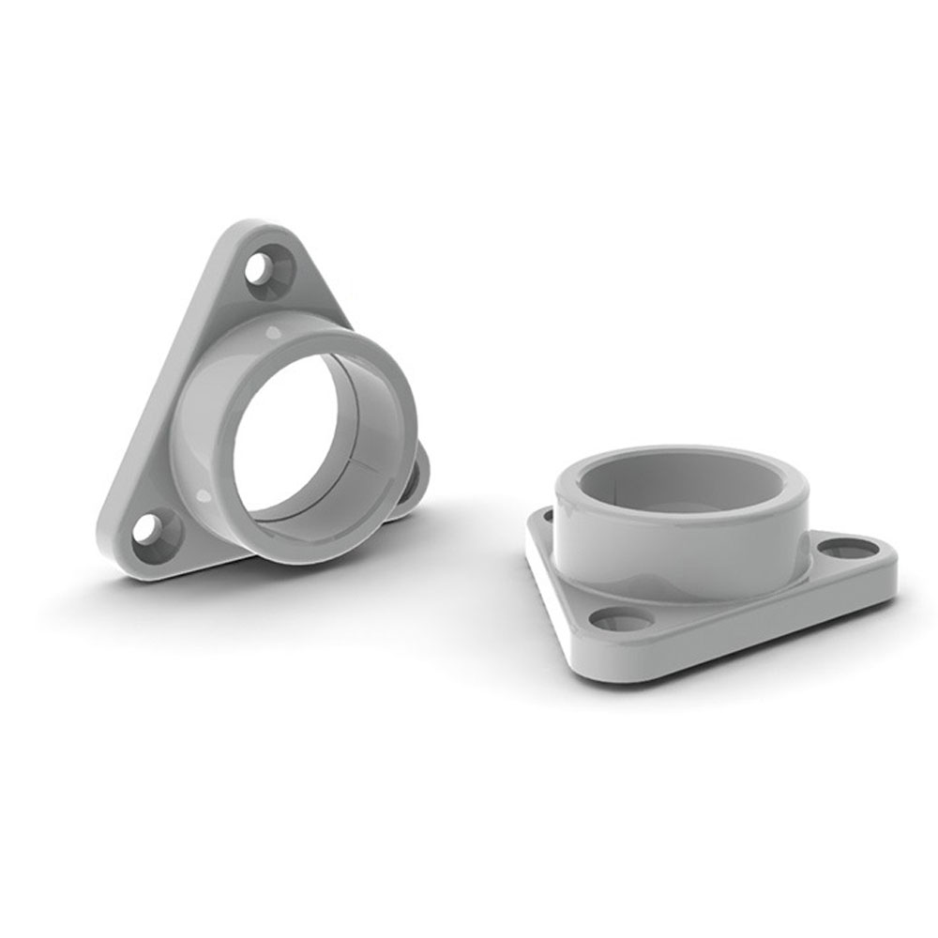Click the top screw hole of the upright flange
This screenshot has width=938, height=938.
click(x=270, y=267)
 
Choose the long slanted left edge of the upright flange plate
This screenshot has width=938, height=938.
click(x=159, y=394)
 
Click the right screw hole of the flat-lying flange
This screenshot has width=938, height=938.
click(x=849, y=547)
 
